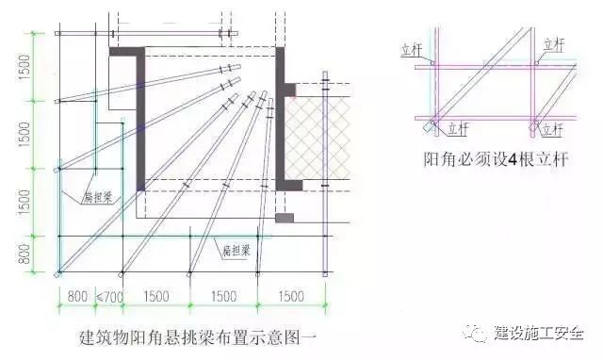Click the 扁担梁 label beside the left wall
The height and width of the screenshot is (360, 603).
click(94, 196)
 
